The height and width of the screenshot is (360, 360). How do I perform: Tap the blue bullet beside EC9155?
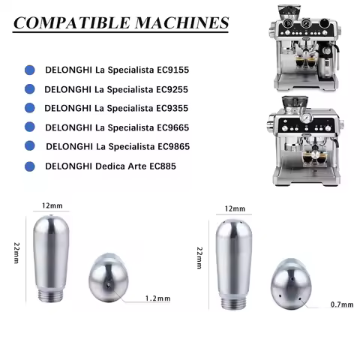click(29, 70)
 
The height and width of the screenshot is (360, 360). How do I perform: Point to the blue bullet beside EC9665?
click(29, 127)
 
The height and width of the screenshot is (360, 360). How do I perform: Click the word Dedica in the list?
click(110, 165)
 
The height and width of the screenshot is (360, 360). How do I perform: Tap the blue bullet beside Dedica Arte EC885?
click(29, 165)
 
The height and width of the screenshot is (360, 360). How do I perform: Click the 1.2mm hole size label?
click(157, 298)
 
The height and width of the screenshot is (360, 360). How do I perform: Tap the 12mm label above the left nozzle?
click(51, 204)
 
